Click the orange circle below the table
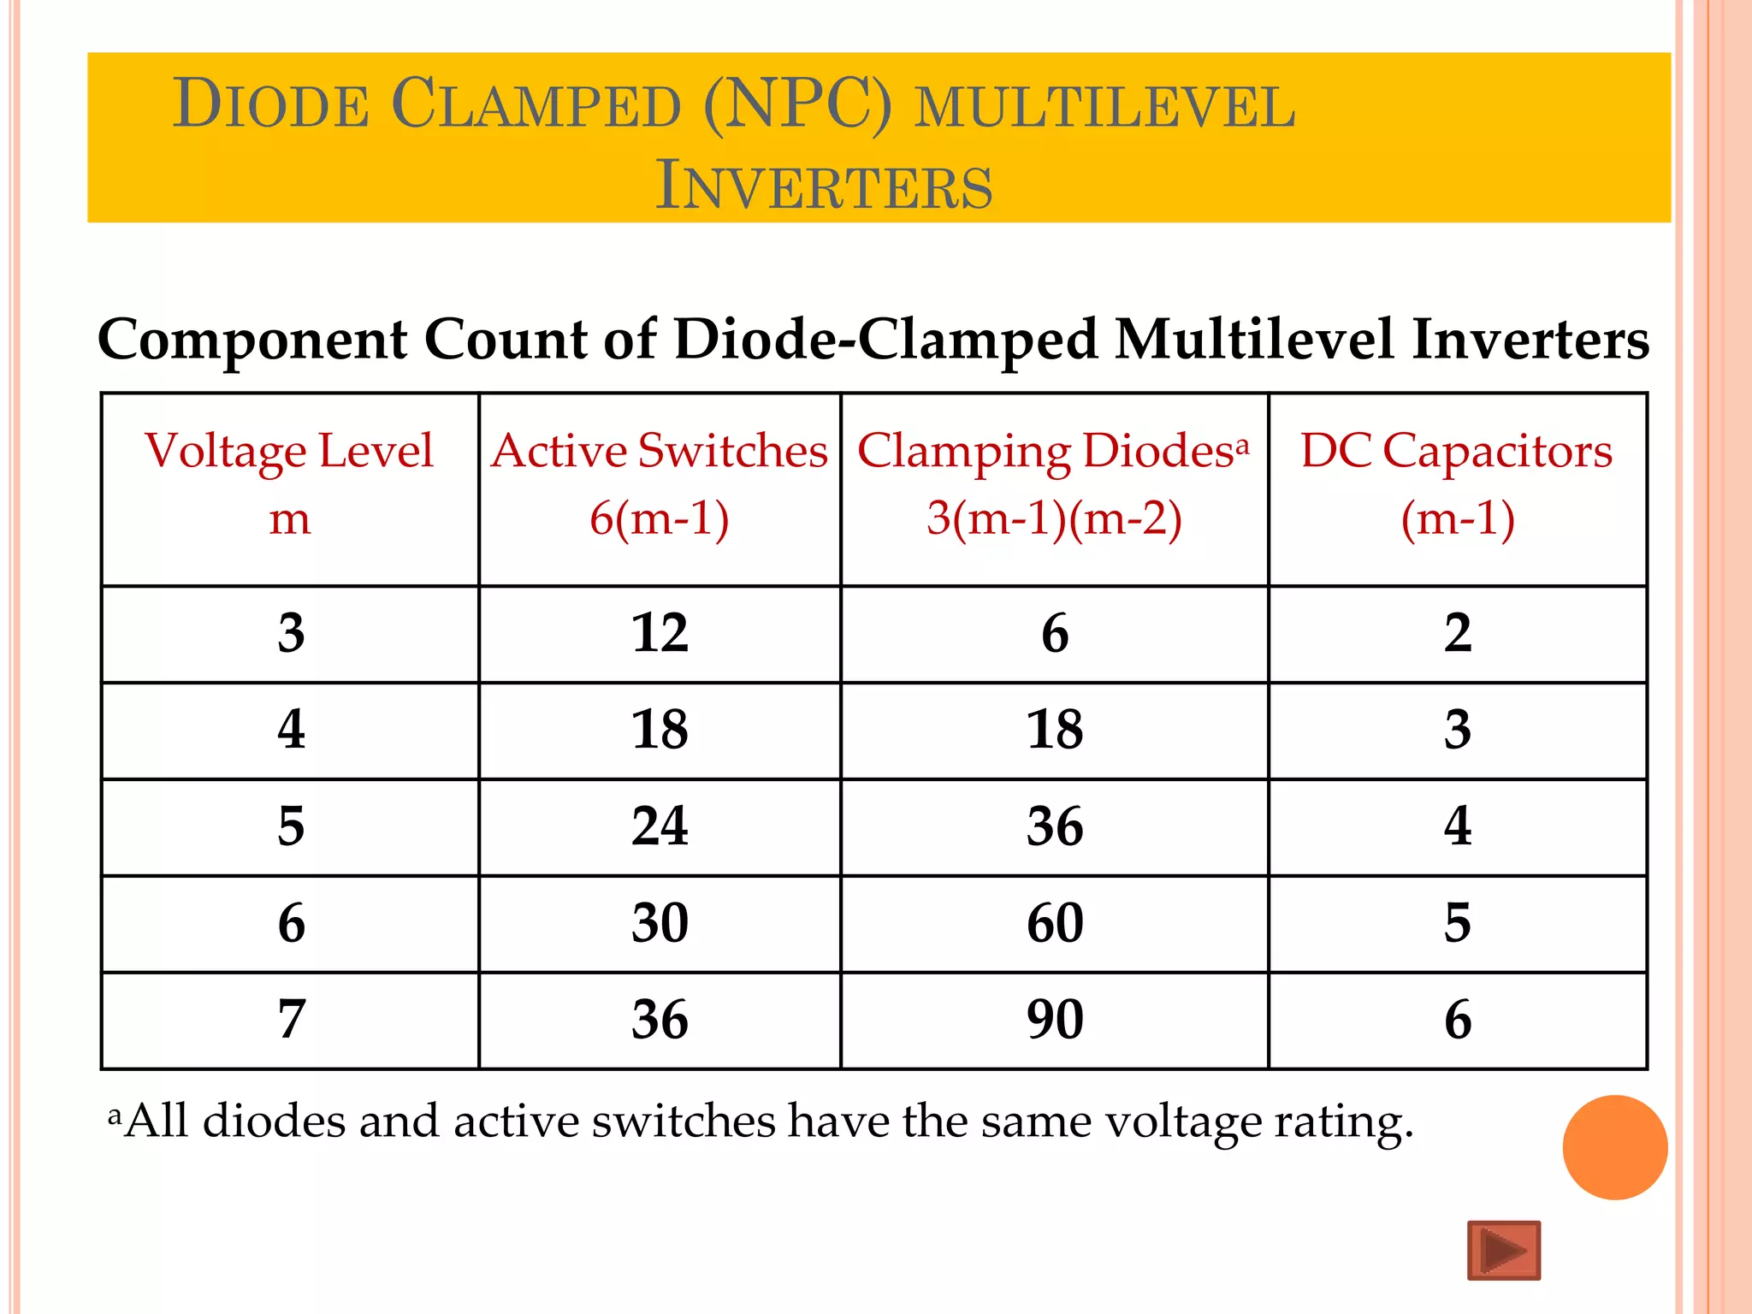[1614, 1147]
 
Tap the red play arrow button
[1504, 1251]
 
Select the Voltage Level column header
[290, 484]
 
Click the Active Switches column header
[660, 484]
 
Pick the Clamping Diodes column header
[1054, 484]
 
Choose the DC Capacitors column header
[1457, 484]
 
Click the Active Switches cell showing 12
[660, 634]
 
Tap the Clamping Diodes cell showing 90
[1055, 1020]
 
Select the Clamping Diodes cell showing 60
[1055, 923]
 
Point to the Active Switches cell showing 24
[660, 826]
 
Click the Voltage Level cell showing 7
[291, 1020]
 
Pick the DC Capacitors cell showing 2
[1458, 634]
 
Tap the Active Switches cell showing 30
[660, 923]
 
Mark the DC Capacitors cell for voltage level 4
[1458, 730]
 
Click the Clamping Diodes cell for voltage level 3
[1055, 634]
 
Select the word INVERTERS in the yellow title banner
[824, 186]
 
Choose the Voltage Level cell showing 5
[291, 826]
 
